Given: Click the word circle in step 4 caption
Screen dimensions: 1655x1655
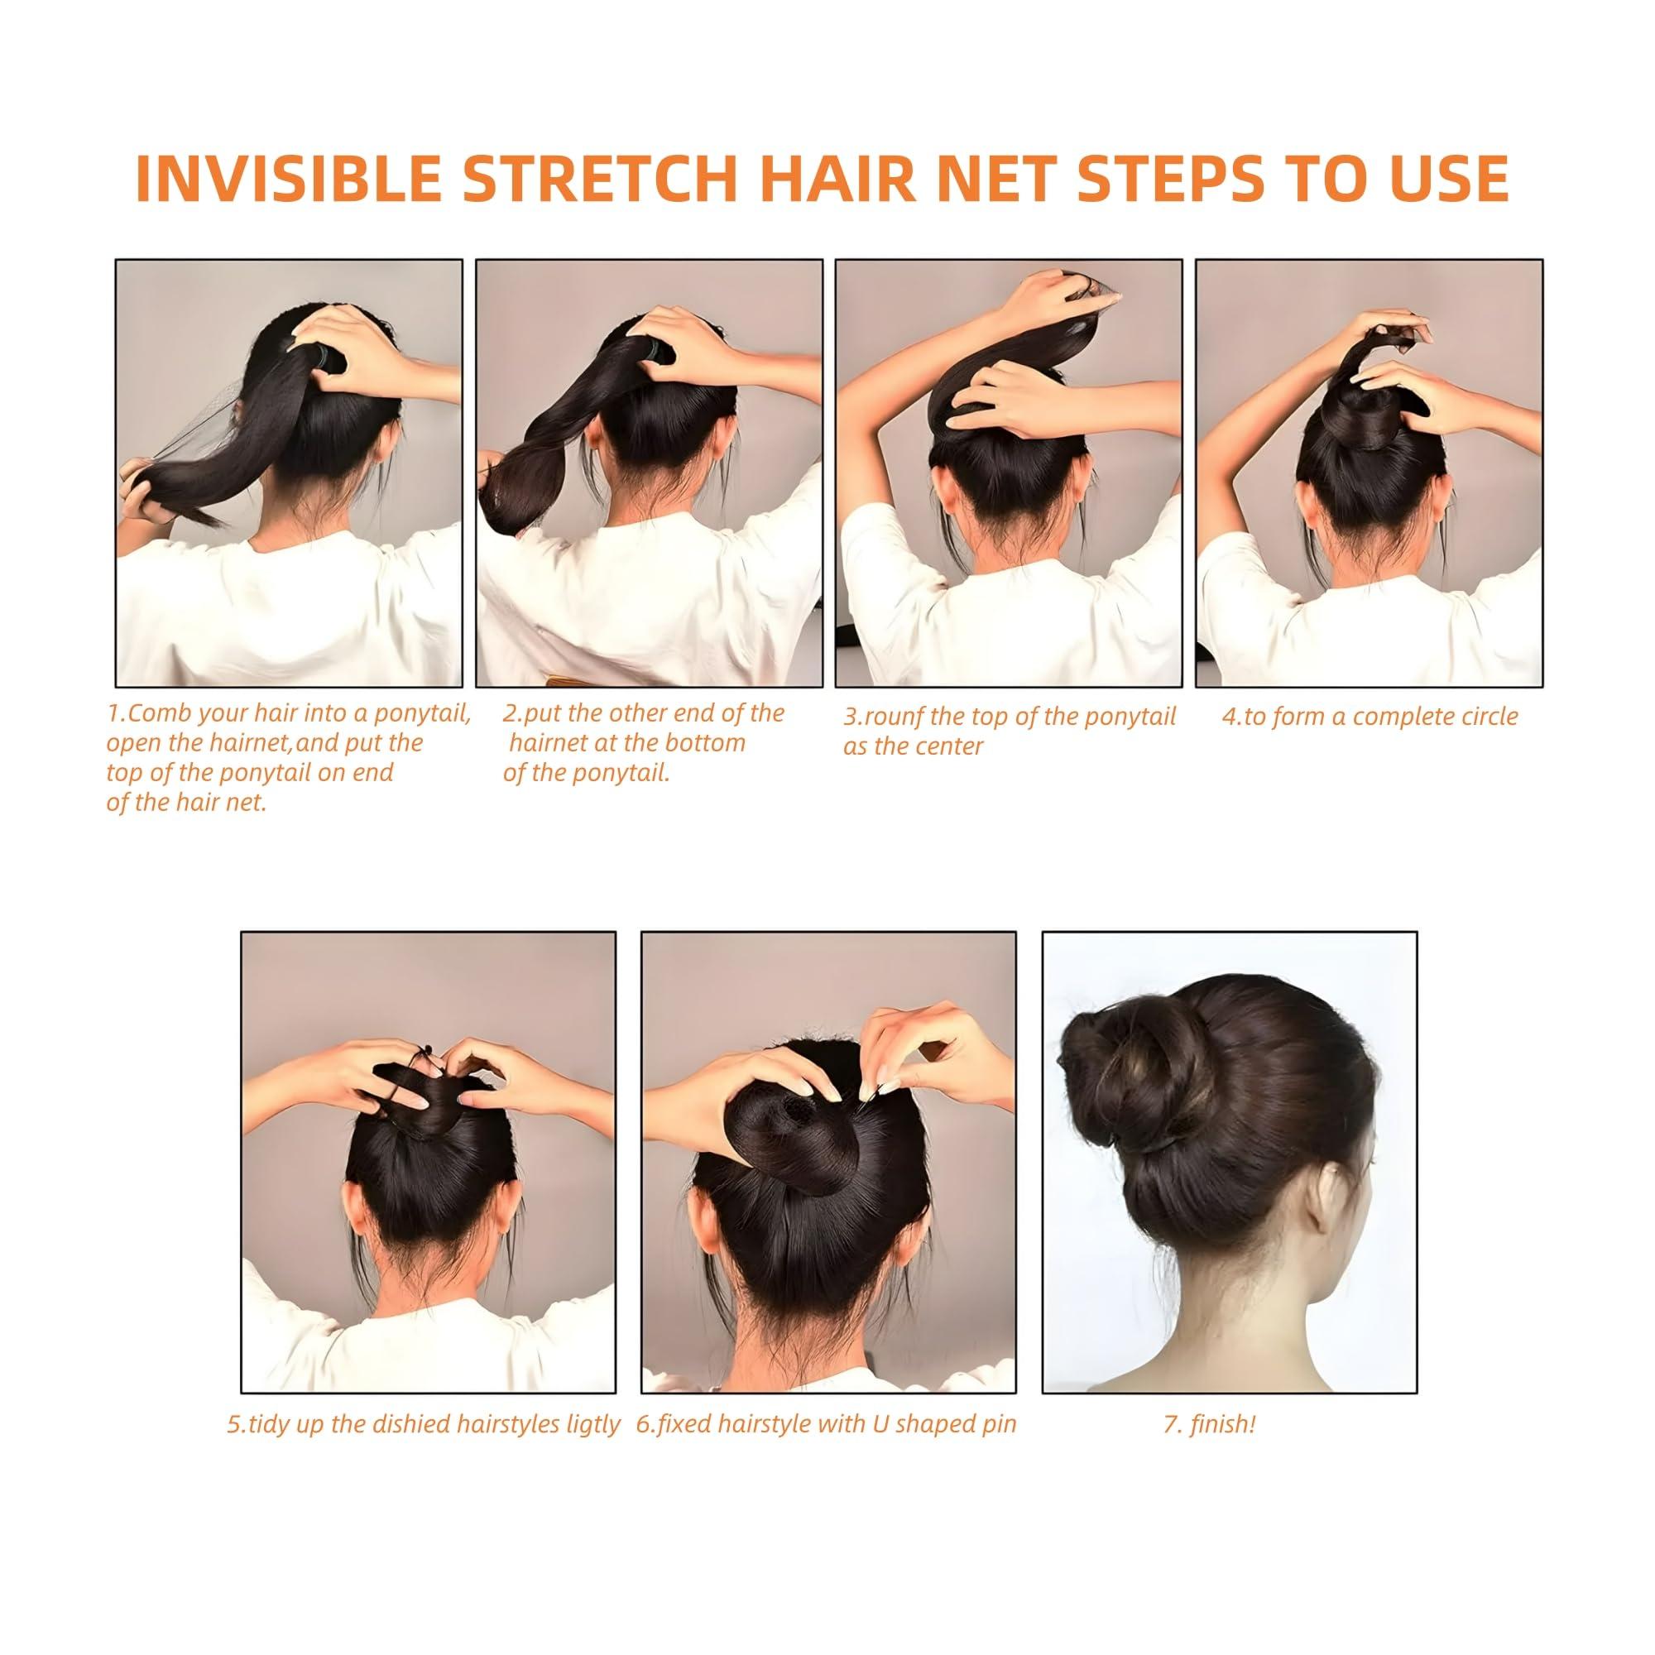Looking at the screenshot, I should coord(1480,717).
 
